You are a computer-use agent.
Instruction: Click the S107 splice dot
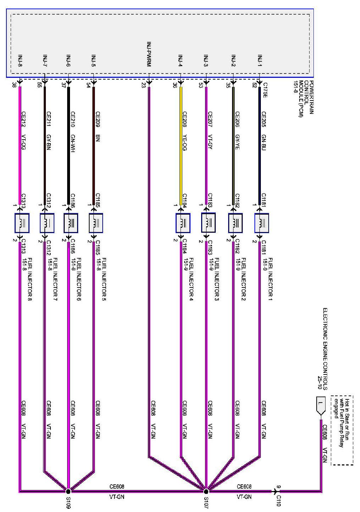pyautogui.click(x=206, y=491)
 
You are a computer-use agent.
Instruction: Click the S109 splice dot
pyautogui.click(x=68, y=491)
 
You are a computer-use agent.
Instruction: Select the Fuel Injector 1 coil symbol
pyautogui.click(x=262, y=223)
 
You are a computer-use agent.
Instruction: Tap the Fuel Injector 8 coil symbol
pyautogui.click(x=22, y=223)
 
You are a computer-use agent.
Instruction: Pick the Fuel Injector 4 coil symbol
pyautogui.click(x=183, y=223)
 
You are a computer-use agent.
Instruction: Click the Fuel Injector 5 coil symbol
pyautogui.click(x=96, y=223)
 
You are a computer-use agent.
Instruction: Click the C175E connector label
pyautogui.click(x=265, y=90)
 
